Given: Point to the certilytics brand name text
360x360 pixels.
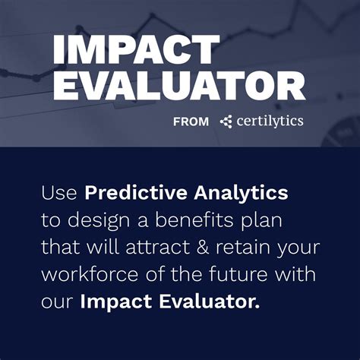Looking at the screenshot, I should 269,121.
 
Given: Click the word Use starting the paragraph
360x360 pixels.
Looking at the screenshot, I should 60,193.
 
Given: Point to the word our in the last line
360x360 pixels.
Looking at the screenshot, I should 57,303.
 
